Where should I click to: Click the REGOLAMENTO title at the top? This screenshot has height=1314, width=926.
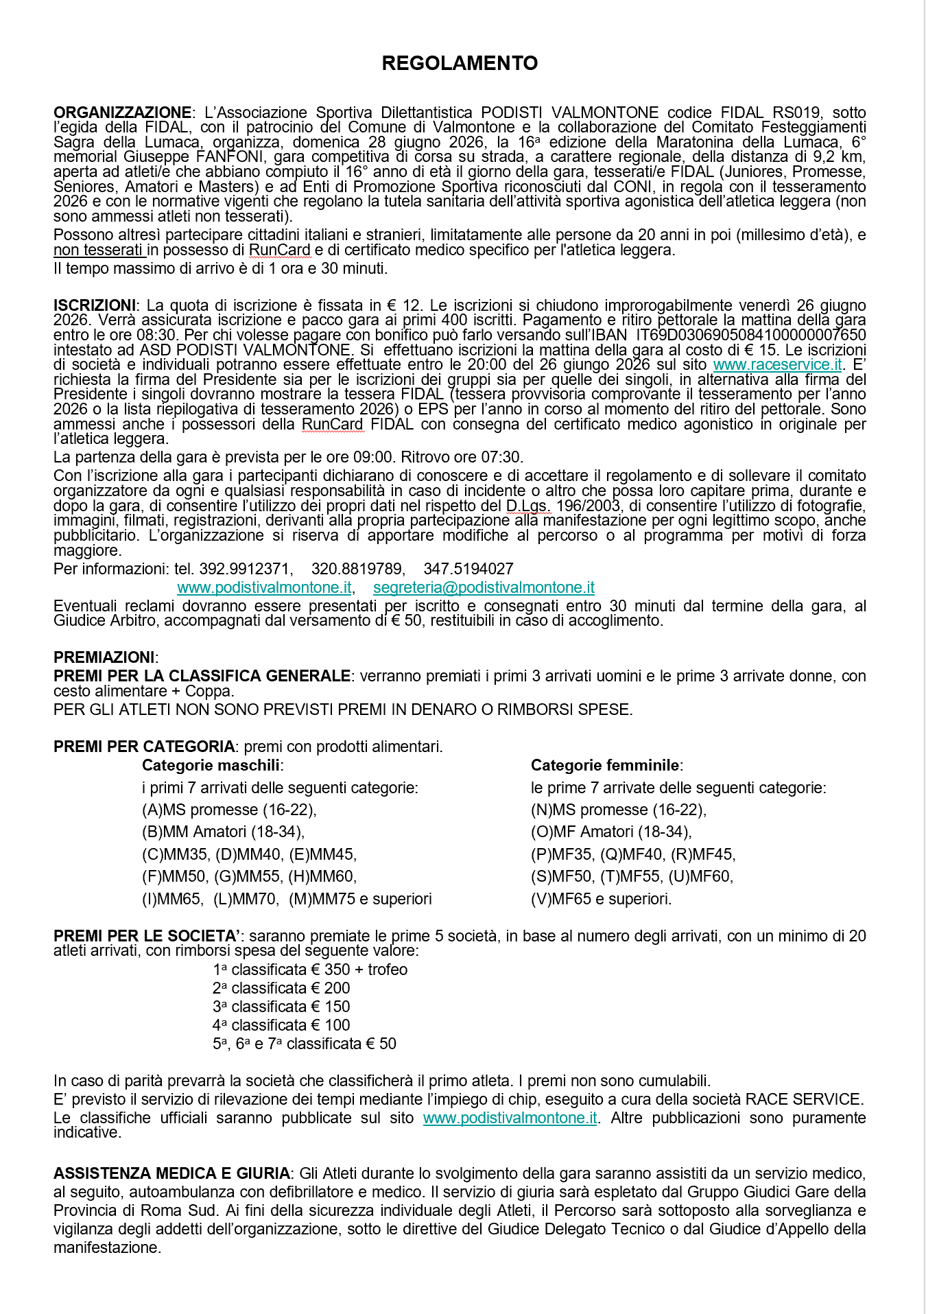[460, 63]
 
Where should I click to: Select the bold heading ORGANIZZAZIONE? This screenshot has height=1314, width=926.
[122, 113]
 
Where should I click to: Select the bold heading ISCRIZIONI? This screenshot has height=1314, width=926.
[94, 305]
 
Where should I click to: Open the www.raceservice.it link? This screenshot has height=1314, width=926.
[777, 365]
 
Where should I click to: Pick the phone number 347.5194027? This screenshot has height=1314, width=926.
[468, 569]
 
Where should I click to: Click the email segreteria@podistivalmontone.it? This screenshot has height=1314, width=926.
[484, 587]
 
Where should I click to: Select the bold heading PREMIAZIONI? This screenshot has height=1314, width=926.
[104, 657]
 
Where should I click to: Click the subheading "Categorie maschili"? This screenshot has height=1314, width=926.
[211, 765]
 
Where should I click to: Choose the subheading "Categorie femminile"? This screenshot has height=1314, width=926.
[605, 765]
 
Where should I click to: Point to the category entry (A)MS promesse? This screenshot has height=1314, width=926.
[229, 810]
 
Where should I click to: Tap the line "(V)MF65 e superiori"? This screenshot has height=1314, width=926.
[601, 899]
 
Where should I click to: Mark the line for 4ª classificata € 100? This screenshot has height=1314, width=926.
[281, 1025]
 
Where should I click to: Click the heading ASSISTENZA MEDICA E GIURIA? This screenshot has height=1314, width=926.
[171, 1173]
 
